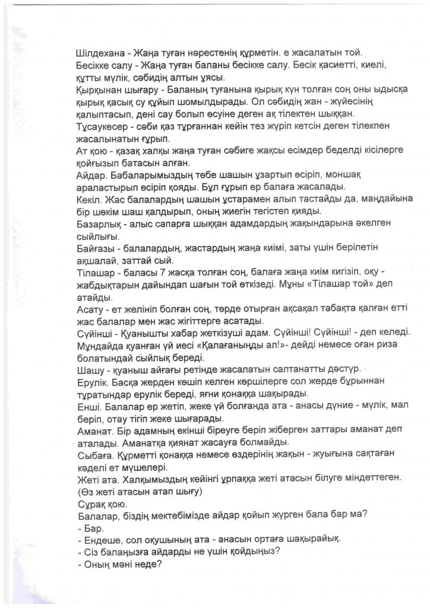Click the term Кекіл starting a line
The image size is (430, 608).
click(x=91, y=198)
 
